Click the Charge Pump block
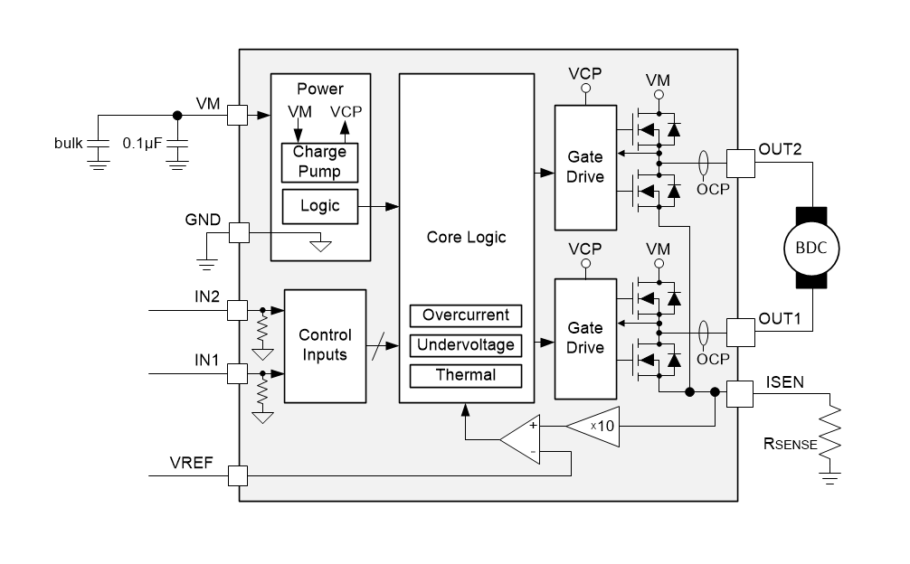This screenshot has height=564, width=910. (319, 163)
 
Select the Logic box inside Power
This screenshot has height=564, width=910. (320, 206)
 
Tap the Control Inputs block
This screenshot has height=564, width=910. (325, 346)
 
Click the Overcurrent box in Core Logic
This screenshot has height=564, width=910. (466, 315)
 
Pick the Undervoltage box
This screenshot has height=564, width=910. (466, 345)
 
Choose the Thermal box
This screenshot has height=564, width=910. (466, 376)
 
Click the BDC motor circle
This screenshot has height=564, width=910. (811, 248)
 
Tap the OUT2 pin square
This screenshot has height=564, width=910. (741, 163)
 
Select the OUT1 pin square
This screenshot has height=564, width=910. (741, 332)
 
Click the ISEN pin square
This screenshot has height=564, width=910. (740, 393)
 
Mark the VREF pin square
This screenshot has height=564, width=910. (237, 476)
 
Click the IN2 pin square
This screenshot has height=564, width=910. (237, 310)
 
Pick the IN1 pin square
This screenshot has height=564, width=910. (237, 374)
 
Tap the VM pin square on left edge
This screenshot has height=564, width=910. (237, 115)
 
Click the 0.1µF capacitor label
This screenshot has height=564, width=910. (142, 143)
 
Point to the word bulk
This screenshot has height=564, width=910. (69, 143)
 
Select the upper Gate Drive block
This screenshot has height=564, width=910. (585, 167)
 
